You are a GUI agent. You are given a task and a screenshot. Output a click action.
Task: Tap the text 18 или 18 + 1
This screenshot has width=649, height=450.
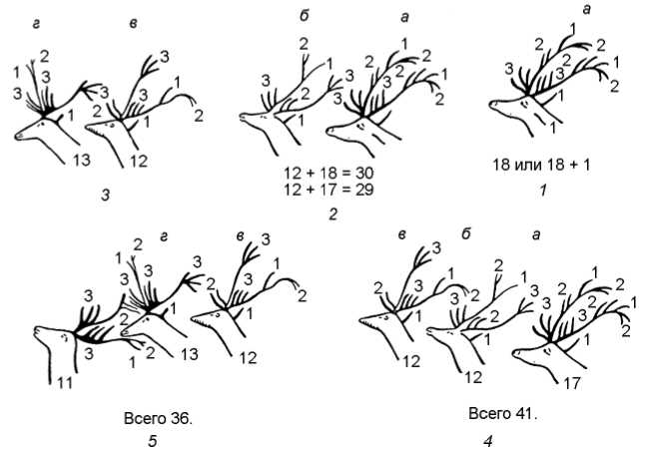[541, 165]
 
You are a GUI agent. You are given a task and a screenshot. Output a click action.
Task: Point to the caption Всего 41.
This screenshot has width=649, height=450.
[502, 413]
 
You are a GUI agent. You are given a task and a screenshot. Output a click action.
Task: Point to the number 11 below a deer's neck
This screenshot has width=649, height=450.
[65, 382]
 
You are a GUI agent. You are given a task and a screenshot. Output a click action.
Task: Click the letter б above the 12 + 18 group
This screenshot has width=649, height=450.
[303, 17]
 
